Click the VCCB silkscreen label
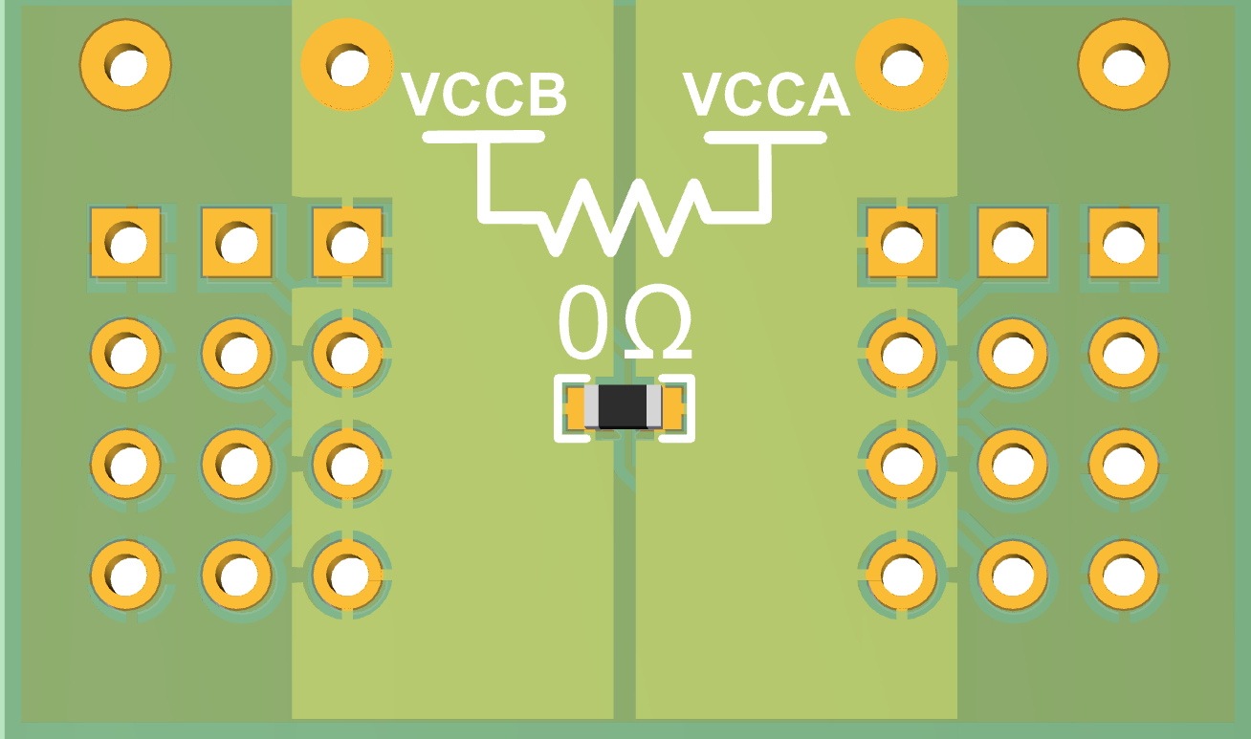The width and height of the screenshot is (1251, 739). pyautogui.click(x=484, y=94)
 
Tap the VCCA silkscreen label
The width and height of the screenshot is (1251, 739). pyautogui.click(x=766, y=94)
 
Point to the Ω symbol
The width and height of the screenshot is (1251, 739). pyautogui.click(x=658, y=323)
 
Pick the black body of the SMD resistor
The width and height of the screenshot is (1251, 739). pyautogui.click(x=623, y=407)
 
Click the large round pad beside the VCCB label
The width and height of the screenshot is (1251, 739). pyautogui.click(x=346, y=65)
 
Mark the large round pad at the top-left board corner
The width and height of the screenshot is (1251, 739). pyautogui.click(x=126, y=66)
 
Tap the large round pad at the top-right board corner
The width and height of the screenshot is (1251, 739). pyautogui.click(x=1123, y=66)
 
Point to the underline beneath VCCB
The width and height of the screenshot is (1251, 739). pyautogui.click(x=484, y=137)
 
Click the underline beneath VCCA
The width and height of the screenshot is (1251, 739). pyautogui.click(x=766, y=138)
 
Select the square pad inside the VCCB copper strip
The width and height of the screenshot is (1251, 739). pyautogui.click(x=347, y=243)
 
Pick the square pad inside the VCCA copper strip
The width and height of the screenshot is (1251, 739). pyautogui.click(x=901, y=243)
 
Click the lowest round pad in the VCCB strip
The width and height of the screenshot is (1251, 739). pyautogui.click(x=347, y=575)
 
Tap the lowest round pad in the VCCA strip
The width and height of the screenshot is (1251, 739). pyautogui.click(x=901, y=575)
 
